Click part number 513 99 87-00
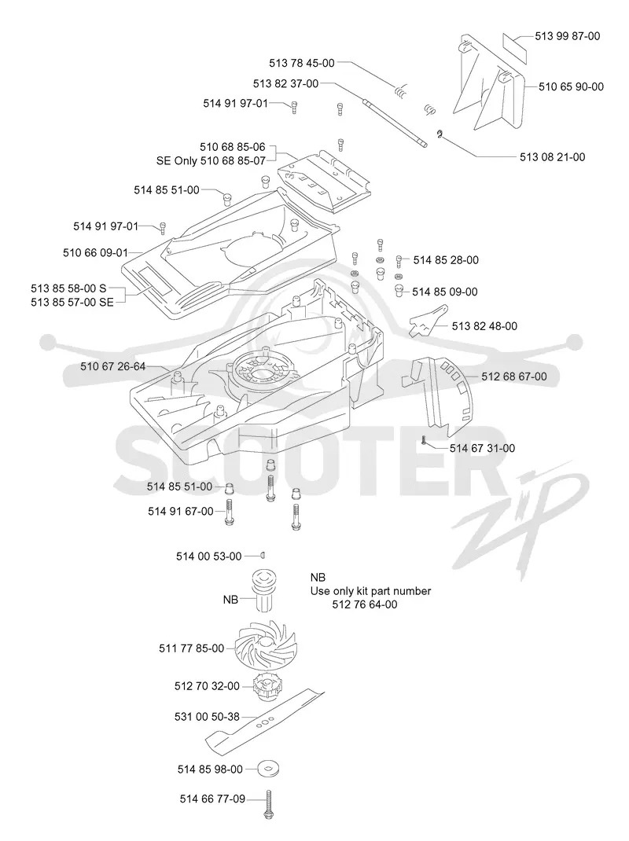[568, 36]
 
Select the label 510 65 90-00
[571, 87]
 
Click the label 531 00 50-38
[207, 717]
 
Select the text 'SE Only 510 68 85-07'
[211, 160]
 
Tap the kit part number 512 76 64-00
[365, 604]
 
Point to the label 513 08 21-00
[552, 157]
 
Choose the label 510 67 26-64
[112, 366]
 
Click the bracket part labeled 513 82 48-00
[429, 320]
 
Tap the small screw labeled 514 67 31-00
[424, 441]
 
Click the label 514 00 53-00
[209, 556]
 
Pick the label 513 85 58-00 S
[68, 288]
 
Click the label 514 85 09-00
[445, 292]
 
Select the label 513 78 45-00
[302, 64]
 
